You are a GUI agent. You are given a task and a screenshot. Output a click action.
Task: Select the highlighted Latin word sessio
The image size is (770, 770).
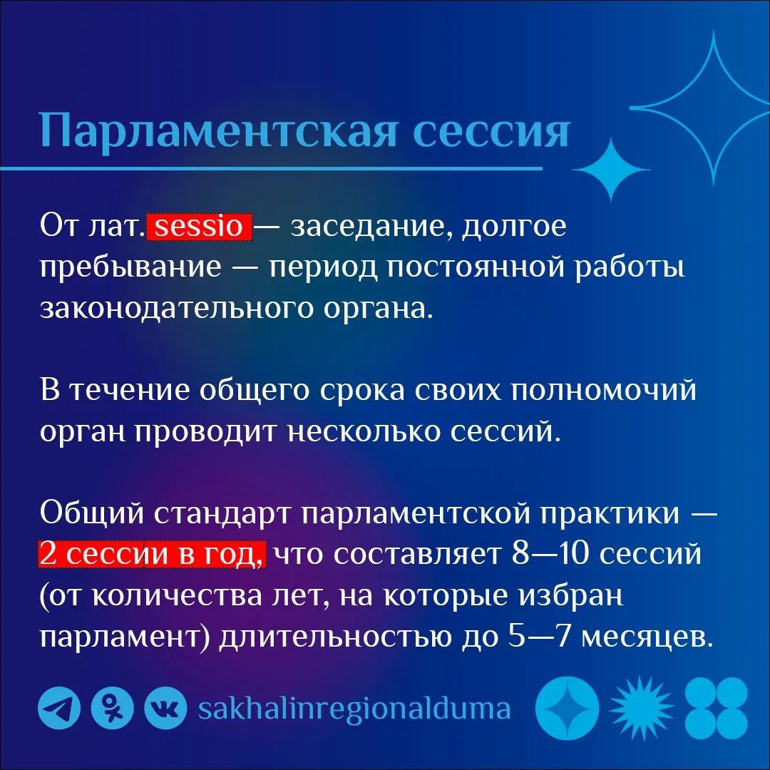(199, 227)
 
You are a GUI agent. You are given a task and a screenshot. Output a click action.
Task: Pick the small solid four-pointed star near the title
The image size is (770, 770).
(612, 169)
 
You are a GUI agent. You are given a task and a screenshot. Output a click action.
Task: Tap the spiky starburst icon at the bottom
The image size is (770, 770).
(641, 709)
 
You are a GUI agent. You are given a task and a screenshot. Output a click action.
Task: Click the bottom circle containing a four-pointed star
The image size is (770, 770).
(568, 709)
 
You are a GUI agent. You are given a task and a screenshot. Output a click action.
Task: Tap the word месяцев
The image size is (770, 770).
(648, 636)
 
